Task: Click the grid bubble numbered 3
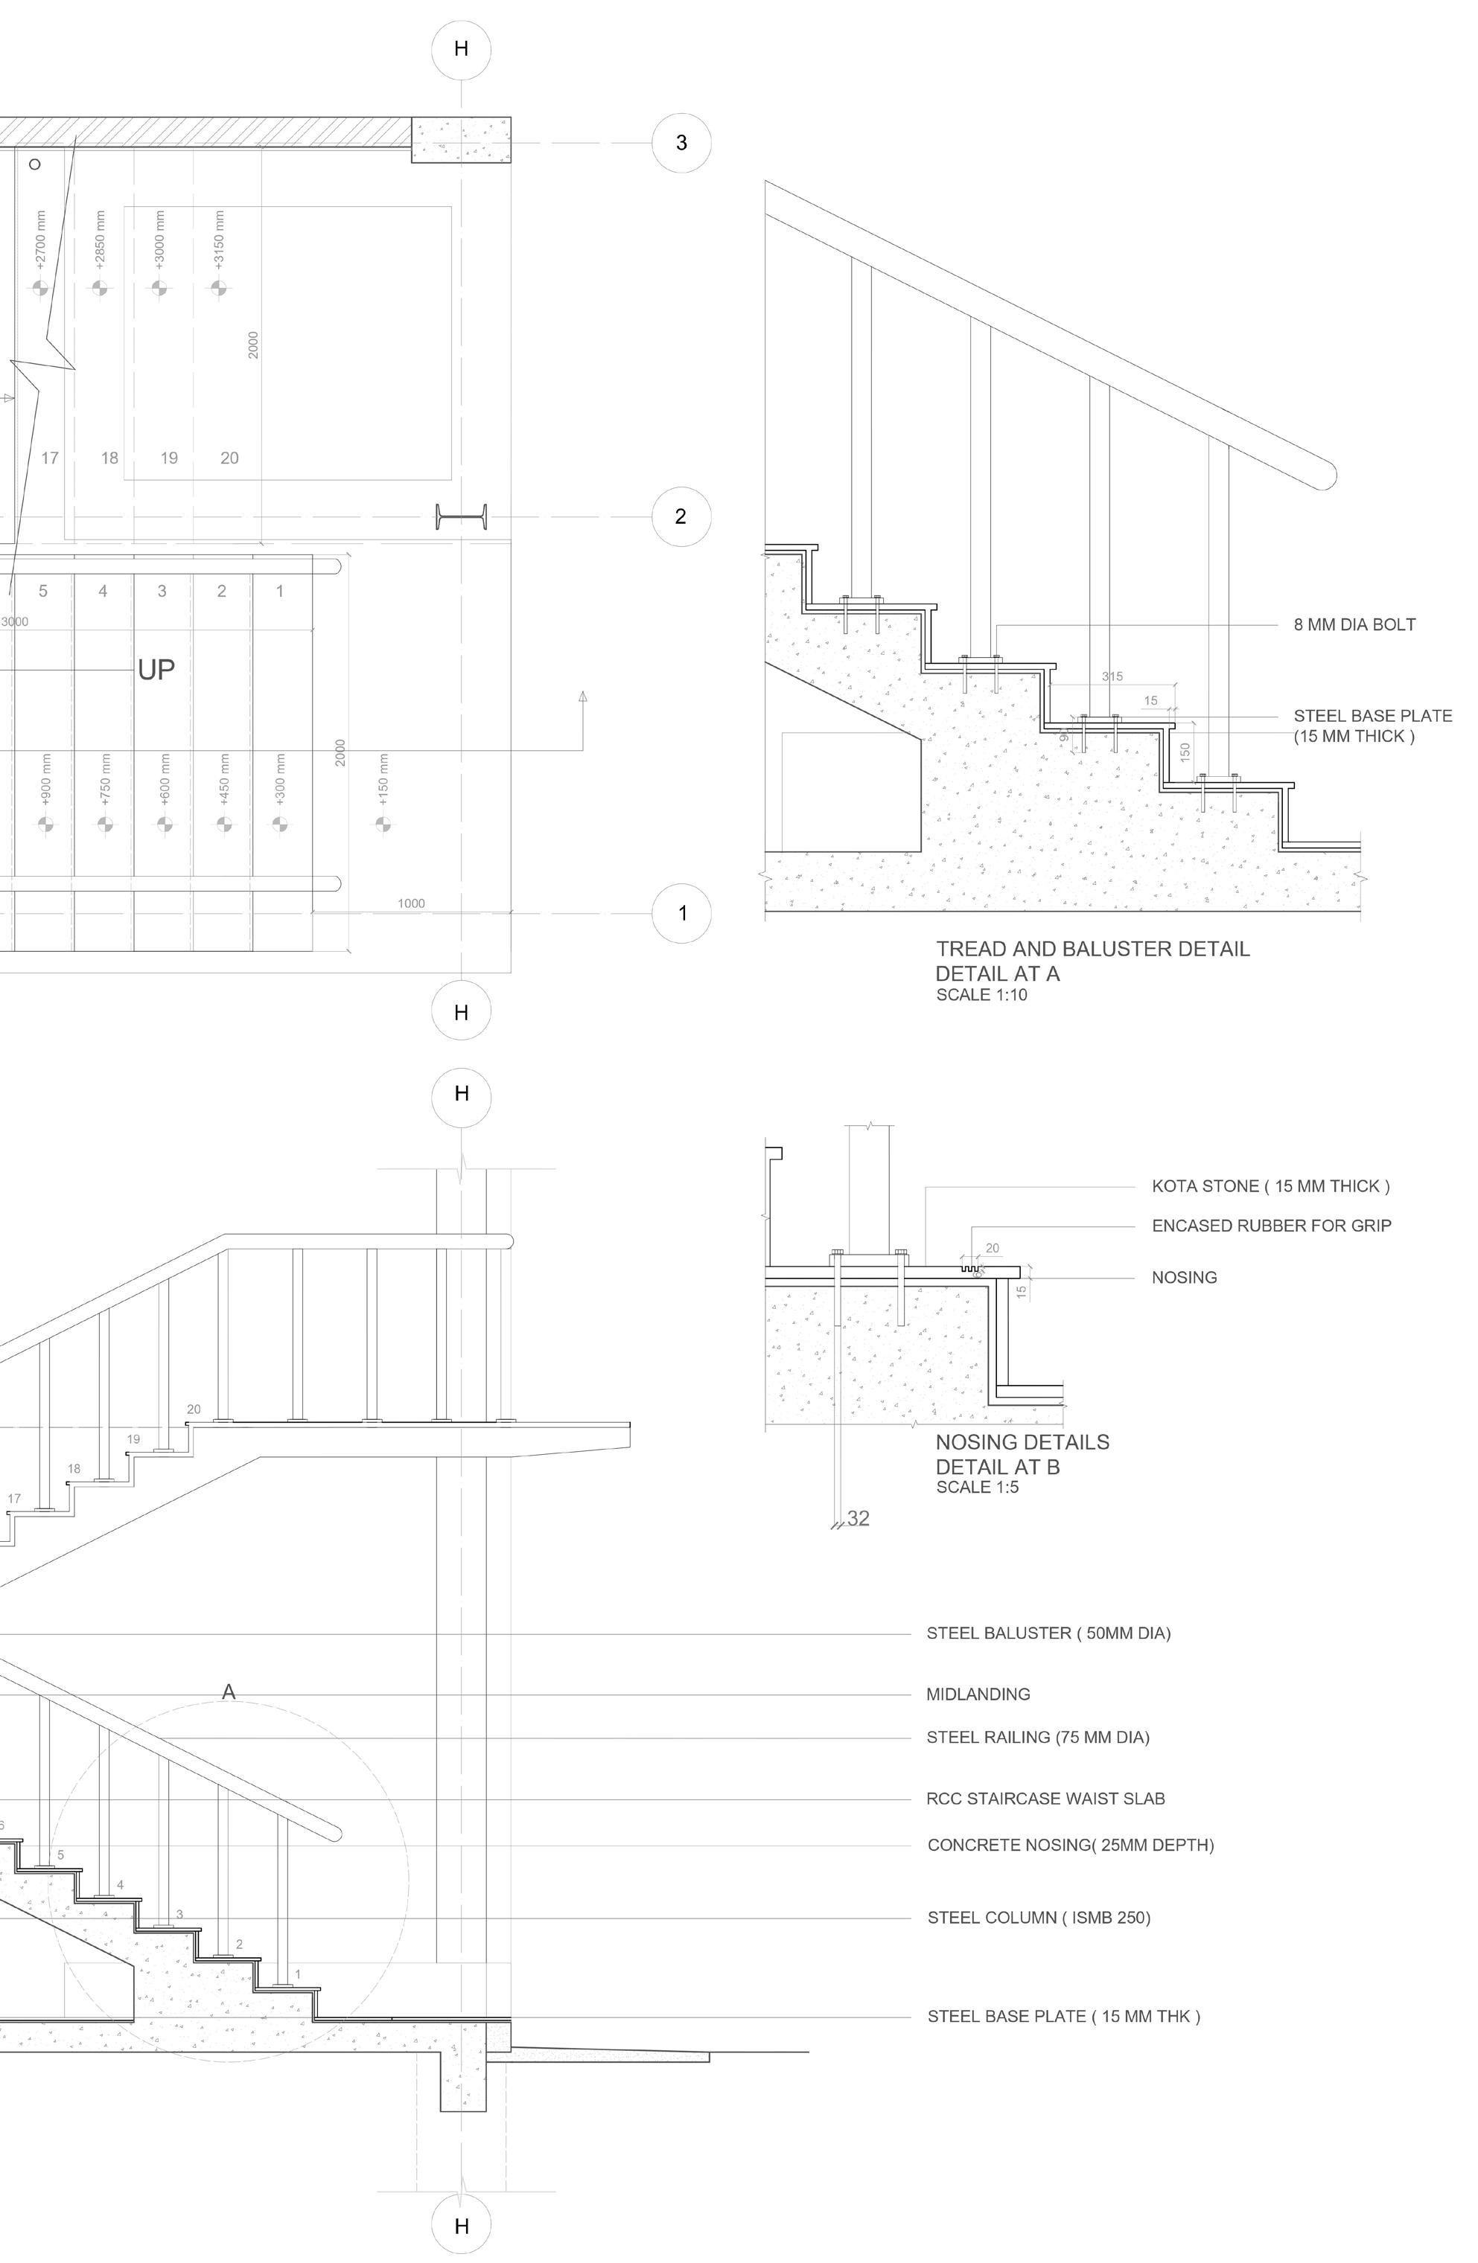(681, 144)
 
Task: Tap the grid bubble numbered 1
(681, 914)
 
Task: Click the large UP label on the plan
(156, 670)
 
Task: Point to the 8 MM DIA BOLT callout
(1354, 624)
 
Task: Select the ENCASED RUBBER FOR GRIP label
(1271, 1226)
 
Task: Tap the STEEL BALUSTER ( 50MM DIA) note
(1048, 1633)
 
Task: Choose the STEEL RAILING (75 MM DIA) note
(1038, 1737)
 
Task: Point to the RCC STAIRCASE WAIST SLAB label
(1045, 1799)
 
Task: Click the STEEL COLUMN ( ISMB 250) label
(1039, 1918)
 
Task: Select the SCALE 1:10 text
(981, 996)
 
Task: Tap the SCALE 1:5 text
(977, 1487)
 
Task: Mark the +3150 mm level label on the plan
(220, 240)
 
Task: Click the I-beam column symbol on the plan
(462, 517)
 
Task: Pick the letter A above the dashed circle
(229, 1691)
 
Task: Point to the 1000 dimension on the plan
(411, 903)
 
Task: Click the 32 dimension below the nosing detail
(858, 1519)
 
